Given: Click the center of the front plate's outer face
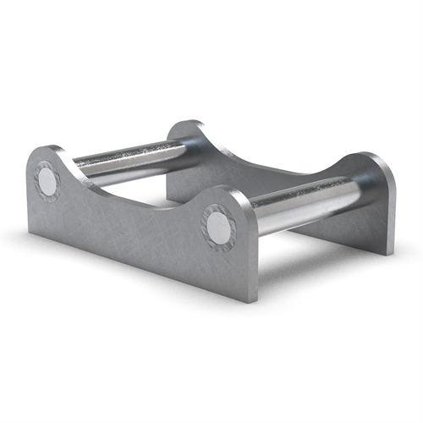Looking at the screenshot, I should [x=135, y=233].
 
